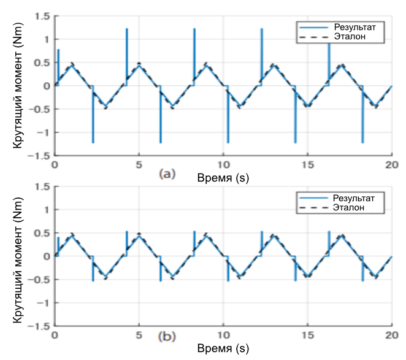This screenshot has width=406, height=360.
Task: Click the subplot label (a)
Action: pos(167,174)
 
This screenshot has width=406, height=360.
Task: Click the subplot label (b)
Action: pos(167,337)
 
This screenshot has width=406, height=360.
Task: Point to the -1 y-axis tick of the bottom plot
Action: pos(44,303)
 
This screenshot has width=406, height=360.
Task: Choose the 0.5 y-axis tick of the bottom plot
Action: pos(42,233)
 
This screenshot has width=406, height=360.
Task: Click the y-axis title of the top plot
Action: pos(19,86)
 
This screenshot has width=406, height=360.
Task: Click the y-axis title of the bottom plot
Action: pos(19,256)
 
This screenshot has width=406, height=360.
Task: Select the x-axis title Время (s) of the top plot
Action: pos(223,177)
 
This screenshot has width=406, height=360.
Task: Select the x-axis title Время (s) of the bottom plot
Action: pos(223,348)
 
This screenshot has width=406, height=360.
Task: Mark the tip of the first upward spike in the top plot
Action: pos(58,50)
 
